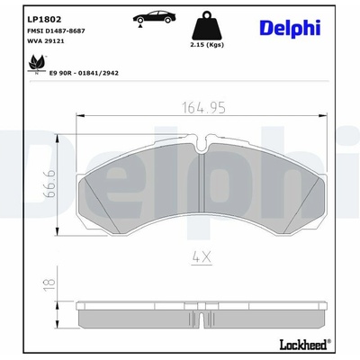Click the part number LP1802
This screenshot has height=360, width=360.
tap(44, 20)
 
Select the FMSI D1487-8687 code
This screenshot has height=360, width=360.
tap(56, 31)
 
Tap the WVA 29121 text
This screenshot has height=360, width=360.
tap(46, 41)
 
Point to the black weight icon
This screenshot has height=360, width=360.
tap(207, 25)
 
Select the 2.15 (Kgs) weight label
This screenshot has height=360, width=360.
tap(207, 45)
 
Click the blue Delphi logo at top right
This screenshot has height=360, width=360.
tap(290, 29)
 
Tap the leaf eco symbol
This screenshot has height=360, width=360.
tap(37, 64)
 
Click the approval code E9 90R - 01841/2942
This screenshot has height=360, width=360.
tap(84, 73)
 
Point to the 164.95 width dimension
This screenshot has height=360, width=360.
tap(204, 108)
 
